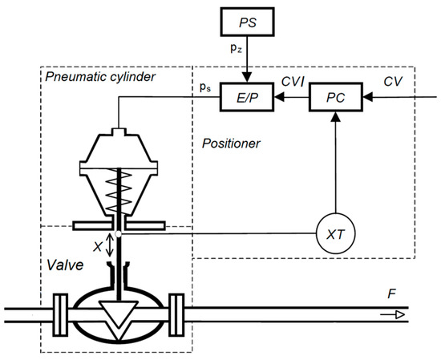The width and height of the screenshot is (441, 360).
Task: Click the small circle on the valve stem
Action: [x=118, y=234]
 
